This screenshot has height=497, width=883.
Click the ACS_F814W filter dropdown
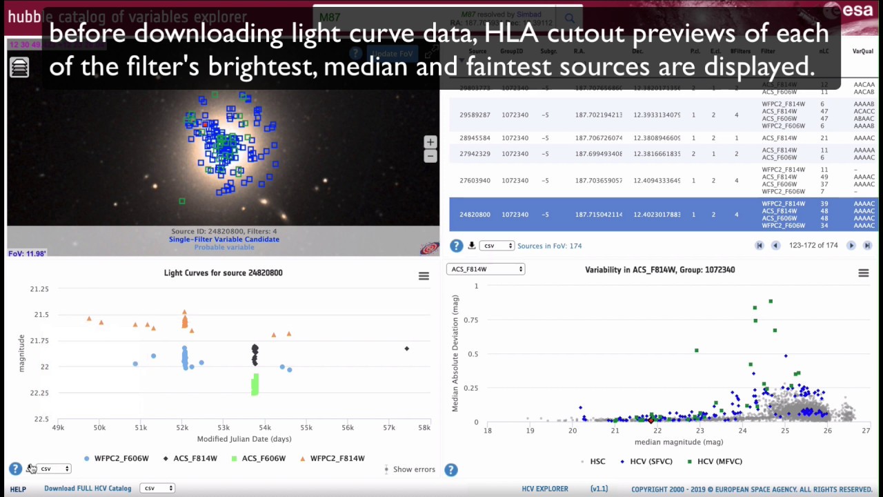click(486, 269)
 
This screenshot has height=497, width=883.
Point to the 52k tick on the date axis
click(181, 428)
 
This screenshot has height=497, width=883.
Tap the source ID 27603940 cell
click(475, 181)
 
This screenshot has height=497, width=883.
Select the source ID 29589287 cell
click(475, 115)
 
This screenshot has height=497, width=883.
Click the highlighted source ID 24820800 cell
click(475, 215)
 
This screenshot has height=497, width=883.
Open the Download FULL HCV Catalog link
click(88, 489)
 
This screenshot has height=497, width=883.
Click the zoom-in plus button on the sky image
click(430, 142)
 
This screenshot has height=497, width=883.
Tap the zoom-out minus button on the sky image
click(430, 155)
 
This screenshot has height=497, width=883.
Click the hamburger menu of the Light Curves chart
click(424, 276)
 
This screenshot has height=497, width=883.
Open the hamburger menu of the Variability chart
click(863, 273)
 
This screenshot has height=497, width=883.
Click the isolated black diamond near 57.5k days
click(407, 349)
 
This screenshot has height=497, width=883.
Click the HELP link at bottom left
click(18, 489)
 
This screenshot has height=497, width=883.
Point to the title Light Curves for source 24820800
click(223, 273)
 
